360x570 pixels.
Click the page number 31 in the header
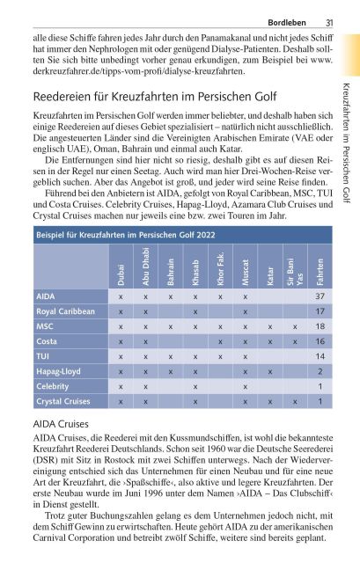328,22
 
